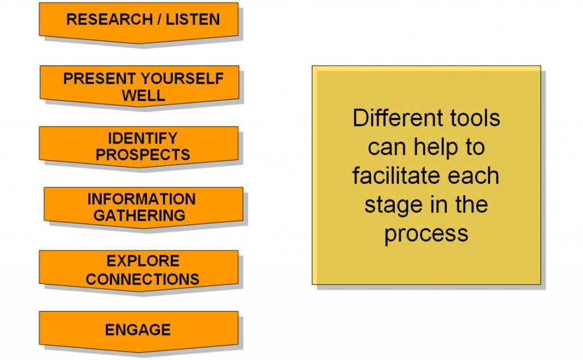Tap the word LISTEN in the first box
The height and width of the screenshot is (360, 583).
[192, 19]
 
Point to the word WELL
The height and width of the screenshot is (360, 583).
[143, 96]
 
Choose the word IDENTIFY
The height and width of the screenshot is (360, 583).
[142, 138]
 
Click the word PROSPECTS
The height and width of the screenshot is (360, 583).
[142, 155]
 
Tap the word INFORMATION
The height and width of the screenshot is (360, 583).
[141, 199]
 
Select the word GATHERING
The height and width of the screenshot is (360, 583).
[139, 216]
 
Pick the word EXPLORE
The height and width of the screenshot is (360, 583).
[143, 261]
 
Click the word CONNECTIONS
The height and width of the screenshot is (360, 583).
[142, 279]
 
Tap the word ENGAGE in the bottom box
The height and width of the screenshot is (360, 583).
[138, 330]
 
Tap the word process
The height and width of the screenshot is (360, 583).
[426, 234]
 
